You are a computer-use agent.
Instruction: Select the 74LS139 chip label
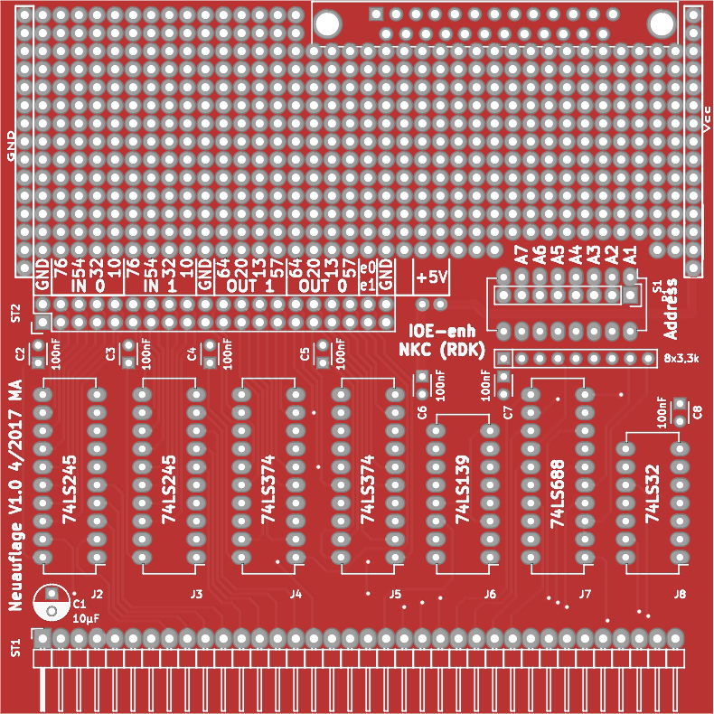click(462, 493)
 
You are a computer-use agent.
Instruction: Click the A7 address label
click(521, 256)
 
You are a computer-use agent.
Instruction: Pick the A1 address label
click(630, 256)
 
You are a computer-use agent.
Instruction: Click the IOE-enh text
click(443, 332)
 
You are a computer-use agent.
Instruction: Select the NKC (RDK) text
click(443, 350)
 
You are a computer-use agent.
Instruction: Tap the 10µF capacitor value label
click(86, 619)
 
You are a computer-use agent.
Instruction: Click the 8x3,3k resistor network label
click(681, 359)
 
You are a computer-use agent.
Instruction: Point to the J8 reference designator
click(680, 594)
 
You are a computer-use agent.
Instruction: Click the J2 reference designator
click(97, 594)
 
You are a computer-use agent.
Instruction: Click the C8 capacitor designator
click(697, 412)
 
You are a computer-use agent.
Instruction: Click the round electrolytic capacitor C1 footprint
click(52, 603)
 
